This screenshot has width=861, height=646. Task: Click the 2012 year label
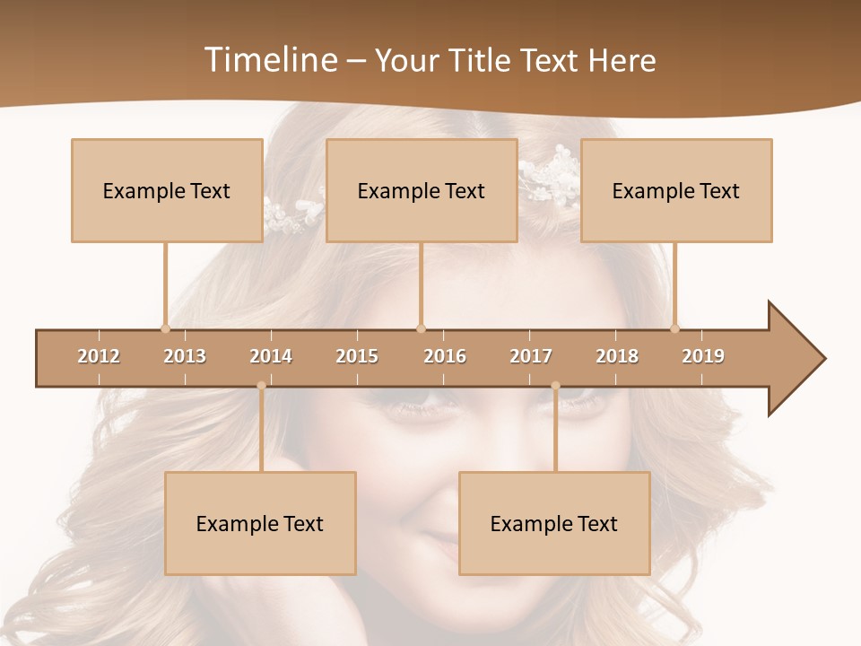(x=99, y=356)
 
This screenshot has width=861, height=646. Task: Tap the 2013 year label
(x=185, y=356)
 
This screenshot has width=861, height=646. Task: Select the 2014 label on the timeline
(x=271, y=356)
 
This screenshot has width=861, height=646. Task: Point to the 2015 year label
(x=357, y=356)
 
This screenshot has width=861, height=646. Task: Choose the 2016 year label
(x=445, y=356)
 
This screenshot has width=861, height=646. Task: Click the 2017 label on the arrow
(x=531, y=356)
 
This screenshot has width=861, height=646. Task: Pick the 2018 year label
(x=617, y=356)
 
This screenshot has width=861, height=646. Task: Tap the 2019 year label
(x=703, y=356)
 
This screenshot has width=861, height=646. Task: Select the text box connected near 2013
(x=167, y=190)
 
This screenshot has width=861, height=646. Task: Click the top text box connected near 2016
(x=422, y=190)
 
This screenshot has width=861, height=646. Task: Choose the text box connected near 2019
(x=676, y=190)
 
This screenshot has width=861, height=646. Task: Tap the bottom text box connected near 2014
(x=260, y=523)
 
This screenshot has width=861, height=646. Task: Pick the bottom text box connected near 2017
(x=554, y=523)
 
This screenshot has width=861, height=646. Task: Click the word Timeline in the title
(x=269, y=60)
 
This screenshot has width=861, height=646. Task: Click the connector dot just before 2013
(x=165, y=328)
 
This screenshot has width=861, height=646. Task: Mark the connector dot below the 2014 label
(x=261, y=386)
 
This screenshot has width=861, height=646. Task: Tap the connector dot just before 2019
(x=674, y=328)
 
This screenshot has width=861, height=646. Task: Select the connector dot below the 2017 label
(x=555, y=386)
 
